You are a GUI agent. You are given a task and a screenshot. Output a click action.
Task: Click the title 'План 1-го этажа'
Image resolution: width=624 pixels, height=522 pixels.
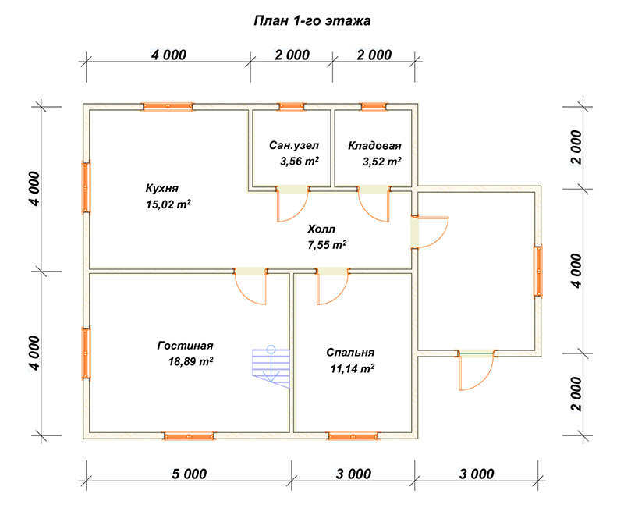[x=312, y=21]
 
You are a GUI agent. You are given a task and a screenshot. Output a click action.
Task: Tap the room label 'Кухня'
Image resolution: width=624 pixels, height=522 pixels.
[x=162, y=188]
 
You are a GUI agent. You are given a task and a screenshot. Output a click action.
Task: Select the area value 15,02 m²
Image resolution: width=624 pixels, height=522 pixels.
[x=168, y=204]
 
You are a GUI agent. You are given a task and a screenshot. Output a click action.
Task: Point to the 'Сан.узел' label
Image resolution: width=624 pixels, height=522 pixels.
[x=294, y=145]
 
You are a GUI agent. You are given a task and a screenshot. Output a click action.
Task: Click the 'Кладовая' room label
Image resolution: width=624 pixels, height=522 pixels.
[x=374, y=145]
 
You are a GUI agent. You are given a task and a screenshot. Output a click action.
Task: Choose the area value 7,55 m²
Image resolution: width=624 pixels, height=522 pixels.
[x=327, y=244]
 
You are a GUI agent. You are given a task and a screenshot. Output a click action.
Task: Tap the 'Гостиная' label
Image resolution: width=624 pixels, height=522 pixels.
[x=185, y=345]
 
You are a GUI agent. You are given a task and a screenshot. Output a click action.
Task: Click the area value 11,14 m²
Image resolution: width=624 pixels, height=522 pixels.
[x=353, y=368]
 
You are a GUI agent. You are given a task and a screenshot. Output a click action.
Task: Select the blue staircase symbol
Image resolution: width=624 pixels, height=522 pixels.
[x=271, y=367]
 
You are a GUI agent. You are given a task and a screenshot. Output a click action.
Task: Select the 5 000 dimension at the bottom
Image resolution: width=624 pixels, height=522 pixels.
[x=189, y=474]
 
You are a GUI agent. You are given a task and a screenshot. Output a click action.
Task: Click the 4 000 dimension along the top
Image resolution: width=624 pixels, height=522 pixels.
[x=168, y=55]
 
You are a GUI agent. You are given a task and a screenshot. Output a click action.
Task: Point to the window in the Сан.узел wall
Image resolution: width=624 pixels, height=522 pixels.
[x=291, y=107]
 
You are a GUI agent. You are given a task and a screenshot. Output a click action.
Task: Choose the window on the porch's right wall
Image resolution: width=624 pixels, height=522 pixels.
[x=537, y=272]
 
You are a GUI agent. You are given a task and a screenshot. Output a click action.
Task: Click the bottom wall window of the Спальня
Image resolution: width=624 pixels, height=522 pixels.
[x=353, y=435]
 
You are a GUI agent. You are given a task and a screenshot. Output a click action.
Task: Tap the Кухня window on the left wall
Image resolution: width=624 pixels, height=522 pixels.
[x=86, y=187]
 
